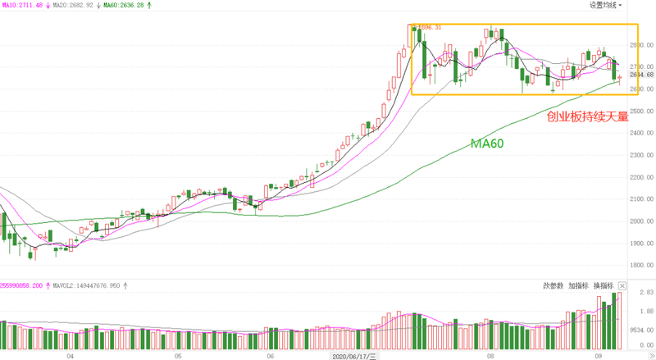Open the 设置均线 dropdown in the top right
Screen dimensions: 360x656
[605, 5]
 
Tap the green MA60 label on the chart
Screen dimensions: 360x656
[486, 143]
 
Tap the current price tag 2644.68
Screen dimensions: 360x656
[640, 75]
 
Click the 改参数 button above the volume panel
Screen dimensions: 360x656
[553, 285]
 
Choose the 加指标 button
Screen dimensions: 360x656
[578, 285]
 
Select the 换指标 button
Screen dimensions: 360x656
[603, 285]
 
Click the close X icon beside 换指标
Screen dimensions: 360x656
[622, 285]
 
